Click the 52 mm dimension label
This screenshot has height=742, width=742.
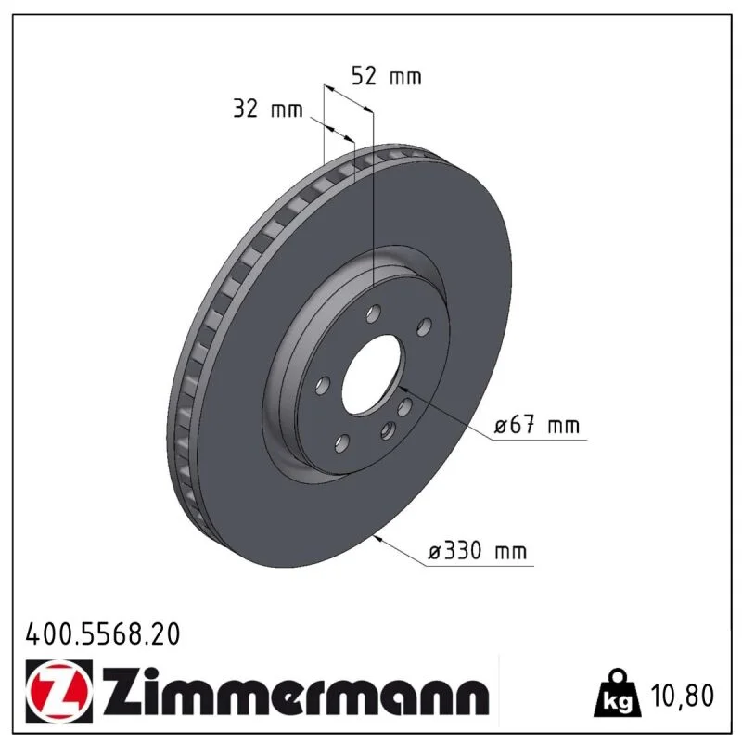[386, 76]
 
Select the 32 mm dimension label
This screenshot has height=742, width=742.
[268, 109]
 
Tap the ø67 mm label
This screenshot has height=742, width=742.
[537, 425]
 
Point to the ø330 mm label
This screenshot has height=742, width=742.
[477, 551]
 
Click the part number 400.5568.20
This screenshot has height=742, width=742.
[103, 634]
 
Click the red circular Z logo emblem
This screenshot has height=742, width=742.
[59, 691]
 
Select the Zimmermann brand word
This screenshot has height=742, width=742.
[296, 692]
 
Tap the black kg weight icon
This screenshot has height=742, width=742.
[618, 693]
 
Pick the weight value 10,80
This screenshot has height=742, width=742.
[682, 695]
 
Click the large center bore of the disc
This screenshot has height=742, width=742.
[374, 376]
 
